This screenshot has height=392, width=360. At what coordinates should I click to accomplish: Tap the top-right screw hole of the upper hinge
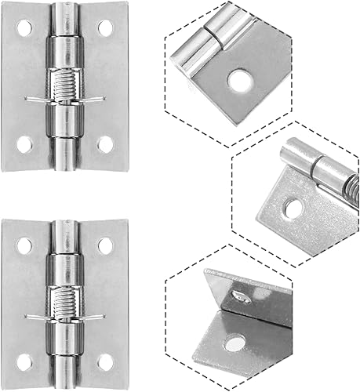[104, 28]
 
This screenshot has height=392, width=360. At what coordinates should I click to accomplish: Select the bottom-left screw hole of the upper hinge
[24, 144]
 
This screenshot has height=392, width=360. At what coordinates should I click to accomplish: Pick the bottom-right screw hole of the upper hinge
[104, 144]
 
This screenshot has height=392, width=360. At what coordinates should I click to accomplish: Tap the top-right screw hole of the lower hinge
[104, 245]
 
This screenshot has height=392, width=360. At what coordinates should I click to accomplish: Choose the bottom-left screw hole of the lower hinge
[24, 362]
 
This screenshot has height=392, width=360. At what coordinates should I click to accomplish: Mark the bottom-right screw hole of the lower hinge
[104, 362]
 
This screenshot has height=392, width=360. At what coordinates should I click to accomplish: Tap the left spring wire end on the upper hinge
[30, 99]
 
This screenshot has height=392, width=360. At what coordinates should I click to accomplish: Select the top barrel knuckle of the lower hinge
[64, 243]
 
